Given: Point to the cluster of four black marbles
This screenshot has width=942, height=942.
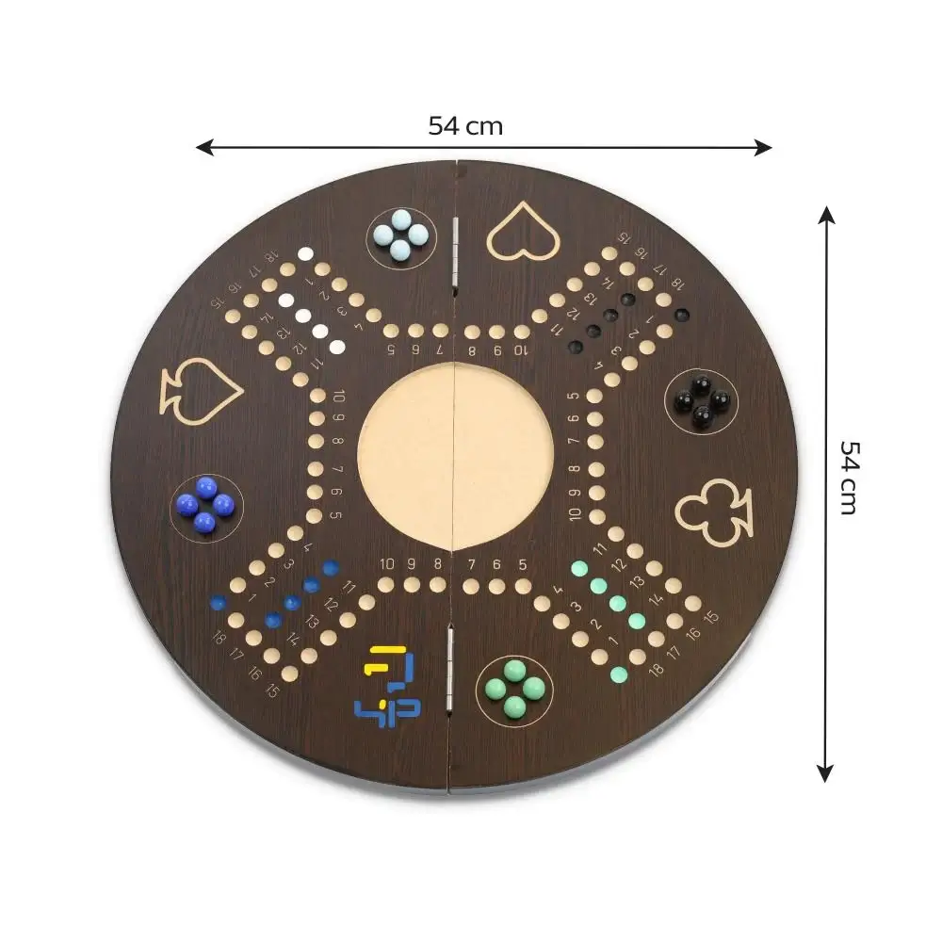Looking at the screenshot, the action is (x=701, y=400).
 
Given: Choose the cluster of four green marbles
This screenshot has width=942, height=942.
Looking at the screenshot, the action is (x=515, y=689).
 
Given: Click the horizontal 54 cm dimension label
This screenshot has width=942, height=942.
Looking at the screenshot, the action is (x=465, y=126).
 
